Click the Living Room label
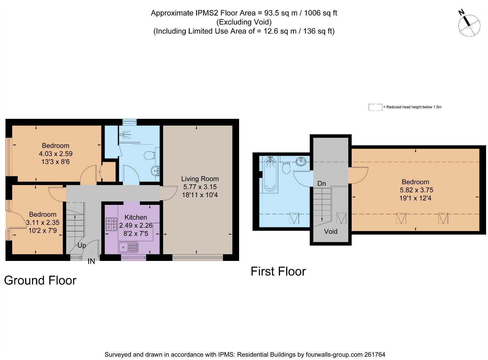[x=200, y=179]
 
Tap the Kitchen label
[x=135, y=217]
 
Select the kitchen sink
[x=128, y=247]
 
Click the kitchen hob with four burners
[x=111, y=224]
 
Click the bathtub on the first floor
[x=270, y=174]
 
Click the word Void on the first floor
[x=330, y=231]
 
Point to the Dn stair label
[x=321, y=184]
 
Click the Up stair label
[x=81, y=245]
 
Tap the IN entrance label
[x=91, y=261]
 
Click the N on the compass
[x=461, y=12]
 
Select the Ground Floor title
[x=40, y=280]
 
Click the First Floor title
[x=278, y=271]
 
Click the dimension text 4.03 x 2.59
[x=56, y=154]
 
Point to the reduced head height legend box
[x=375, y=107]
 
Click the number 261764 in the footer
[x=375, y=355]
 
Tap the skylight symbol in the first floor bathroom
[x=294, y=218]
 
